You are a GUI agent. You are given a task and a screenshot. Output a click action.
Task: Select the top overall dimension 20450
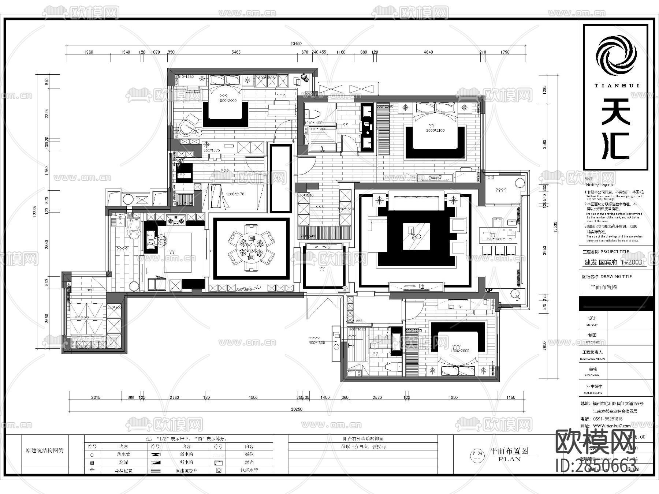coord(296,44)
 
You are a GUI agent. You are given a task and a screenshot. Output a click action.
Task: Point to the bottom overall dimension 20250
coord(297,409)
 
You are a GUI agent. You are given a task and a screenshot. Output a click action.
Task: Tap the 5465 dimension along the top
coord(236,52)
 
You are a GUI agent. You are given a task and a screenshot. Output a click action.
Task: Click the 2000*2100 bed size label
coord(435,130)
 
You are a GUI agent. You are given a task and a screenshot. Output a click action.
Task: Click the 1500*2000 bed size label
coord(227,100)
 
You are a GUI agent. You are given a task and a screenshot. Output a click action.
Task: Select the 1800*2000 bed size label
coord(460,351)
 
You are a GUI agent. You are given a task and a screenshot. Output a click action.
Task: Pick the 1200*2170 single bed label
coord(235,194)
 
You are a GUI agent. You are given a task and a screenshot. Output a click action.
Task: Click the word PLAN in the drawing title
coord(509,459)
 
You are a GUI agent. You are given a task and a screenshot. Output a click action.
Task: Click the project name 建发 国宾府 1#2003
coord(613,262)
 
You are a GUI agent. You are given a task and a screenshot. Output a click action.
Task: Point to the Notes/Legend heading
coord(599,184)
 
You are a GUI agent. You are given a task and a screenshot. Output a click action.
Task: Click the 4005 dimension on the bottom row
coord(253,397)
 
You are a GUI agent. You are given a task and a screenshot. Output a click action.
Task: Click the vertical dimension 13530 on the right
coord(555,227)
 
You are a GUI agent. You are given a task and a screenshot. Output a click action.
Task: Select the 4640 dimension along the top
coord(428,52)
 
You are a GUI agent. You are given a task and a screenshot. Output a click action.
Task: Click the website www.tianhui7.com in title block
coord(611,426)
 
